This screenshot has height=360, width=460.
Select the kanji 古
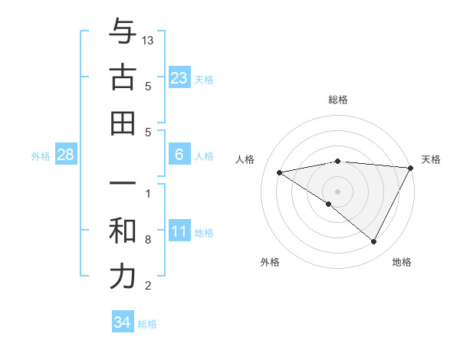click(123, 78)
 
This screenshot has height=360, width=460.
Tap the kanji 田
click(123, 123)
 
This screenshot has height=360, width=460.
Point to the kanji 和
click(123, 231)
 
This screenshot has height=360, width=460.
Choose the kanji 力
click(123, 277)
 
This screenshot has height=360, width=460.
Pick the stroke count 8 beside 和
click(148, 240)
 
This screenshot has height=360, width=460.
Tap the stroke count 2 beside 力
click(148, 286)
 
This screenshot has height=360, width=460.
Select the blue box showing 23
click(179, 78)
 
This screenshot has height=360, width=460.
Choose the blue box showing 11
click(179, 232)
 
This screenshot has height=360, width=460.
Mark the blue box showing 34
click(123, 322)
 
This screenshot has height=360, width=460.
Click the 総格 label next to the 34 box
click(147, 324)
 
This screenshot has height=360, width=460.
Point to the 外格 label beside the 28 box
click(41, 156)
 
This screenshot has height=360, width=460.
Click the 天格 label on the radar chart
click(431, 159)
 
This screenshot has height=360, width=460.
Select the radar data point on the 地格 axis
click(374, 242)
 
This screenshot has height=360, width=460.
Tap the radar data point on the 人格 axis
click(280, 172)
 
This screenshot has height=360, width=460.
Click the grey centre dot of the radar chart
click(337, 191)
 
